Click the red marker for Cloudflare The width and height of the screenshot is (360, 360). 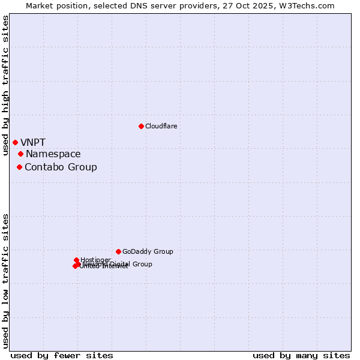(141, 126)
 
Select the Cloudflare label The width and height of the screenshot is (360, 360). (161, 126)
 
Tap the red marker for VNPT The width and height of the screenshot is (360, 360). (15, 142)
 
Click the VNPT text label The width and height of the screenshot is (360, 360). (33, 142)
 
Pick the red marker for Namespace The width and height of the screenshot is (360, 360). (20, 154)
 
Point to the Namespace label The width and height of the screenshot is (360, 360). (53, 154)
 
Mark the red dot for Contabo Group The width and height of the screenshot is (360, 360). (19, 167)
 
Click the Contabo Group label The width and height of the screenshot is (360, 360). (61, 167)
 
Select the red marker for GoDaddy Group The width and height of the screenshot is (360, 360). (118, 251)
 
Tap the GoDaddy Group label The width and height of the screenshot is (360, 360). (148, 251)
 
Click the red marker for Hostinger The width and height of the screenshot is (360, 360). (76, 260)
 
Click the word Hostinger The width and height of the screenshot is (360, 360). (95, 259)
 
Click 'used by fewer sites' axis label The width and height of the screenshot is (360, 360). (62, 355)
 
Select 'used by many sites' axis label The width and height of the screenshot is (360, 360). (301, 355)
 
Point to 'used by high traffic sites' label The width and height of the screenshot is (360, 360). (6, 85)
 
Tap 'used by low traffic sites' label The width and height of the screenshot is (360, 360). (6, 281)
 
